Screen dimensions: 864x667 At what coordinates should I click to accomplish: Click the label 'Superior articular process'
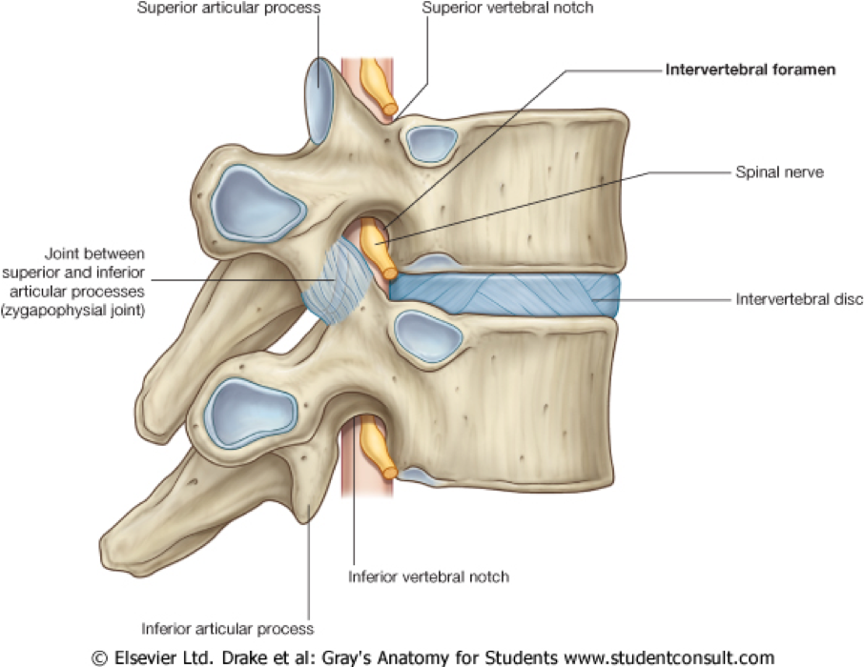[228, 9]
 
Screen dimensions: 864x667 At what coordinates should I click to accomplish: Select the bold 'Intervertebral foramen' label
[751, 71]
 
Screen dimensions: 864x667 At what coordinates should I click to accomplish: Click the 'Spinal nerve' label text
[778, 172]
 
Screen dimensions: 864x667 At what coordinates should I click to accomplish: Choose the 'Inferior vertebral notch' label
[428, 576]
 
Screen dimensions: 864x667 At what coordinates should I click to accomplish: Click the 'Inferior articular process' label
[227, 629]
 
